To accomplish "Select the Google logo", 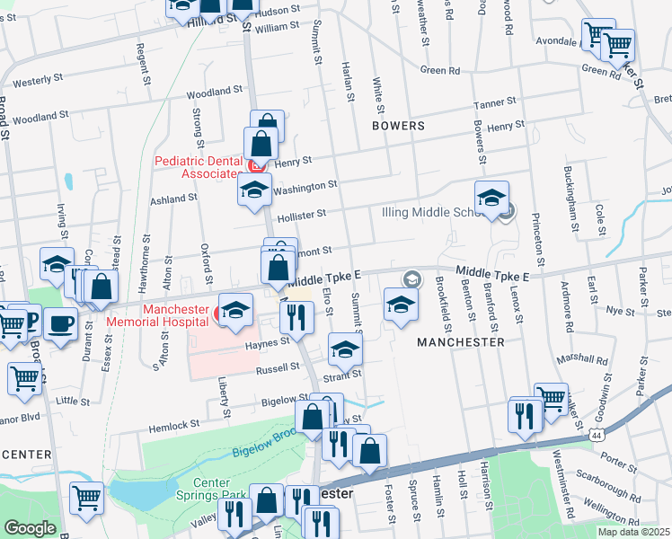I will pyautogui.click(x=30, y=528).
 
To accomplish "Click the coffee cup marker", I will pyautogui.click(x=62, y=323).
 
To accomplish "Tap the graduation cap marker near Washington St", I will pyautogui.click(x=255, y=190).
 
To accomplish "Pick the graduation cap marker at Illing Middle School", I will pyautogui.click(x=492, y=199).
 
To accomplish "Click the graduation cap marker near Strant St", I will pyautogui.click(x=344, y=349).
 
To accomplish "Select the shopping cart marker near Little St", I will pyautogui.click(x=24, y=378).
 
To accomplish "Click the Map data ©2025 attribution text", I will pyautogui.click(x=633, y=532).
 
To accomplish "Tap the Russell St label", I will pyautogui.click(x=279, y=367).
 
